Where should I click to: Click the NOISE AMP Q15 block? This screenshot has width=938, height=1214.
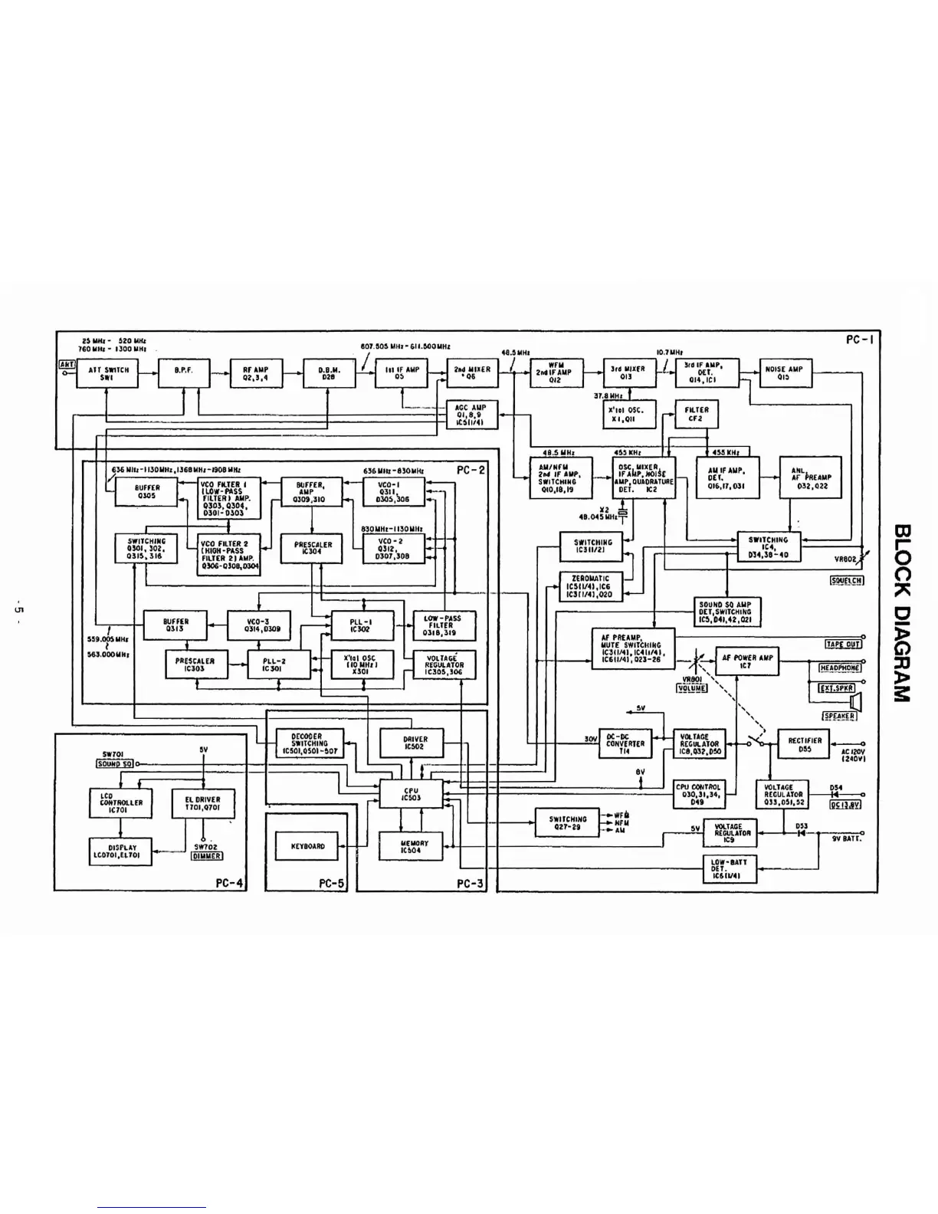(x=785, y=373)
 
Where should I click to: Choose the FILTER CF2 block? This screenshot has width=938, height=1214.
(x=696, y=415)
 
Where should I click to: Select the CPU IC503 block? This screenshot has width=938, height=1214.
(x=412, y=795)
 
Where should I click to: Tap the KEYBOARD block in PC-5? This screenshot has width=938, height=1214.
(x=308, y=846)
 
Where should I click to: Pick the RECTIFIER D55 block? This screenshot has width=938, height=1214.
(x=805, y=744)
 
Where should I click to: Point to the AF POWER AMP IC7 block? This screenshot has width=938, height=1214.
(x=747, y=661)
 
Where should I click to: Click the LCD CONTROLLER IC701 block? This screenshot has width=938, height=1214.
(x=121, y=802)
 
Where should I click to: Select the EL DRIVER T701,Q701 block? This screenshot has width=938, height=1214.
(x=203, y=802)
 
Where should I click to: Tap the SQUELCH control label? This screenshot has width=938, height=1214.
(x=847, y=579)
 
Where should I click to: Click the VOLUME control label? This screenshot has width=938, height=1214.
(x=691, y=687)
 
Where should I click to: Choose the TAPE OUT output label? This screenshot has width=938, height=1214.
(x=842, y=644)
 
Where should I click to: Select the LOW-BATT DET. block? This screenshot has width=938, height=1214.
(x=728, y=869)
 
